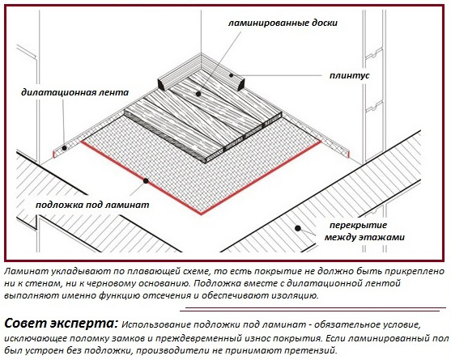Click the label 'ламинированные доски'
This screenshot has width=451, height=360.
(283, 23)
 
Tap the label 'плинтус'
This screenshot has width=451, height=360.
(349, 75)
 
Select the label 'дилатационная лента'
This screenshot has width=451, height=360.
(74, 92)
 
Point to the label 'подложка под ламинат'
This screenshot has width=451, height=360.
(92, 205)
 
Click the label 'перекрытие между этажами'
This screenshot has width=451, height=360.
(364, 231)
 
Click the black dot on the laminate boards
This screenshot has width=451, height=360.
(198, 94)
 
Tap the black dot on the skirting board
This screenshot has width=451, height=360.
(232, 75)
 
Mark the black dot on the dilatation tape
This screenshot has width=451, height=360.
(65, 148)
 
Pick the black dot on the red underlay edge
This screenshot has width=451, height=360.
(146, 181)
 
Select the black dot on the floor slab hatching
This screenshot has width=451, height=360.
(298, 228)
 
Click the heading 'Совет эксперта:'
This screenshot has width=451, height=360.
(61, 324)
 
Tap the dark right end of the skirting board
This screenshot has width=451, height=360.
(240, 83)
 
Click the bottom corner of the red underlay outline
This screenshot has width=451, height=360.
(201, 214)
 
